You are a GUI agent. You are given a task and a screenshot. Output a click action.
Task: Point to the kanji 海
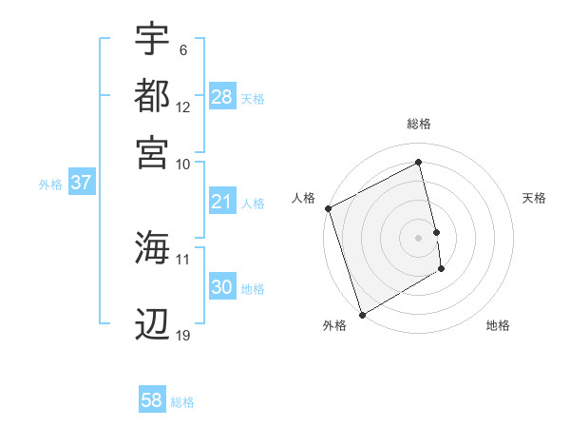(x=152, y=248)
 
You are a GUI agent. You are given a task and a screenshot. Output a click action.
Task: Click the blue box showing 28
(x=222, y=97)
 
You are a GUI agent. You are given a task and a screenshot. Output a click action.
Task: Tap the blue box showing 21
(x=222, y=202)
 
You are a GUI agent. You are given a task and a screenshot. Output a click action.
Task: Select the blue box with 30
(x=222, y=287)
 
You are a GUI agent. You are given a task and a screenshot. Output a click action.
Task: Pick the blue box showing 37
(x=81, y=184)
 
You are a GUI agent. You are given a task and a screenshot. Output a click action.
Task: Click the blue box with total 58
(x=152, y=400)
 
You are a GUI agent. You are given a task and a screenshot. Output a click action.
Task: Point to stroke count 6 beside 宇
(x=183, y=50)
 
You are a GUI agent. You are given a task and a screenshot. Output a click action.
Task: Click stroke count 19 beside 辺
(x=183, y=336)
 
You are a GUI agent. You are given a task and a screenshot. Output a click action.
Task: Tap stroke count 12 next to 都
(x=183, y=107)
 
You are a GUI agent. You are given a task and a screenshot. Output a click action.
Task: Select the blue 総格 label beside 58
(x=182, y=402)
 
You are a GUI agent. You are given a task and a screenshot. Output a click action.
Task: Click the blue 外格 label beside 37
(x=50, y=185)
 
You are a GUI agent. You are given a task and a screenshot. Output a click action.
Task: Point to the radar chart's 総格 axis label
(x=419, y=124)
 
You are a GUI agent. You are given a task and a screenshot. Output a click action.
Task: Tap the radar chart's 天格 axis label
(x=535, y=198)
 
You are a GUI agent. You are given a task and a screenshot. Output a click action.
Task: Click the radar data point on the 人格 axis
(x=328, y=208)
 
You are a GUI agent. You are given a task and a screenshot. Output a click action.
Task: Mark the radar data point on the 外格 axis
(x=362, y=315)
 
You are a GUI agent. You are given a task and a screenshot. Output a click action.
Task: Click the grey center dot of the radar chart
(x=419, y=238)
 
